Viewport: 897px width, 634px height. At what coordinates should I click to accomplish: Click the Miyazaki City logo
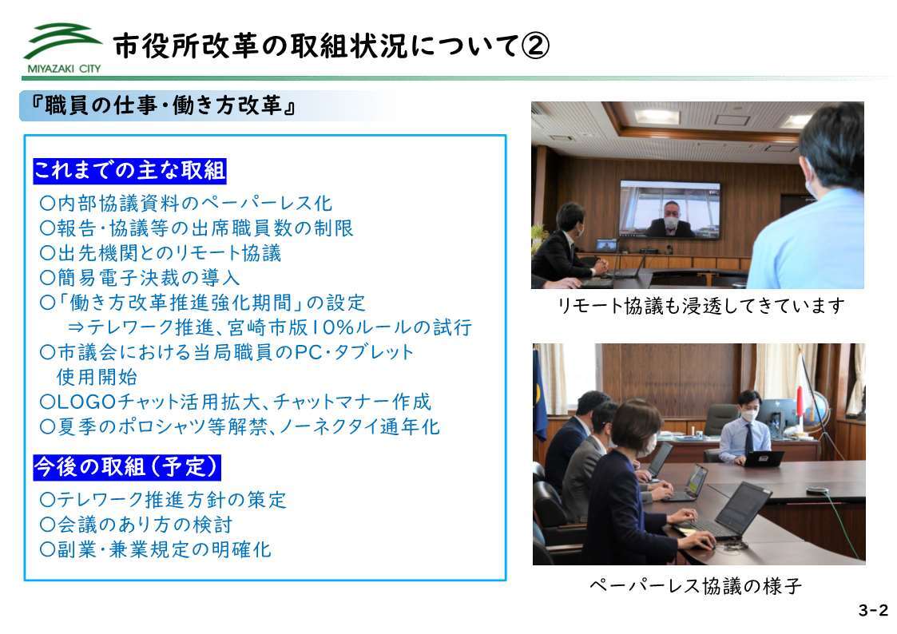click(62, 49)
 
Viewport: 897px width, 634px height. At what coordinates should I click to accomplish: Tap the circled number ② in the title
click(535, 46)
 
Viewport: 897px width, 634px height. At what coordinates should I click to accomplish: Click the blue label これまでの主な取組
click(130, 171)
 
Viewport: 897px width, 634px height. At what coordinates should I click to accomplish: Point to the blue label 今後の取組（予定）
click(127, 468)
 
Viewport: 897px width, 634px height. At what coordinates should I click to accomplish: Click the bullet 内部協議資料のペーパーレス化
click(186, 203)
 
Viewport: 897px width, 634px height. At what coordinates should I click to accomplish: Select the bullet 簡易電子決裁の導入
click(140, 278)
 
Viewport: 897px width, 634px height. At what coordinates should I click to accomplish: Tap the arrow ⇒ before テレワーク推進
click(76, 327)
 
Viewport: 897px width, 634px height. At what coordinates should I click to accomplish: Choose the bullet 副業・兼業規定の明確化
click(155, 549)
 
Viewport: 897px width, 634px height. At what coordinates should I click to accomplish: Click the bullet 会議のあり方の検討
click(136, 525)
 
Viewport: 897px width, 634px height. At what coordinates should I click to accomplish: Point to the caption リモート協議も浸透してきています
click(701, 306)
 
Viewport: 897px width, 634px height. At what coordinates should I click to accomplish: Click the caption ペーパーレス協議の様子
click(696, 586)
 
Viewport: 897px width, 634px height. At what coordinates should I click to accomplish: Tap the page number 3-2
click(873, 610)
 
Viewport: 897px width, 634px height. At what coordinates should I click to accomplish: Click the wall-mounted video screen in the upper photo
click(670, 210)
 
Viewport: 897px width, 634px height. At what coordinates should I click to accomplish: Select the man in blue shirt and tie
click(744, 428)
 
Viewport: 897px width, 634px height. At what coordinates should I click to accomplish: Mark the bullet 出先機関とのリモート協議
click(161, 252)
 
